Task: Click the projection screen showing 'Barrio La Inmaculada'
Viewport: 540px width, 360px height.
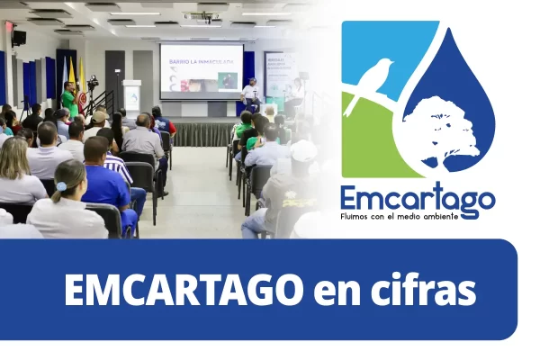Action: (x=201, y=70)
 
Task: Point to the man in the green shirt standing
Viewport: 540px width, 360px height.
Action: (x=69, y=99)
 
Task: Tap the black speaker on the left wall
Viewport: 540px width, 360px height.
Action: (x=18, y=37)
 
